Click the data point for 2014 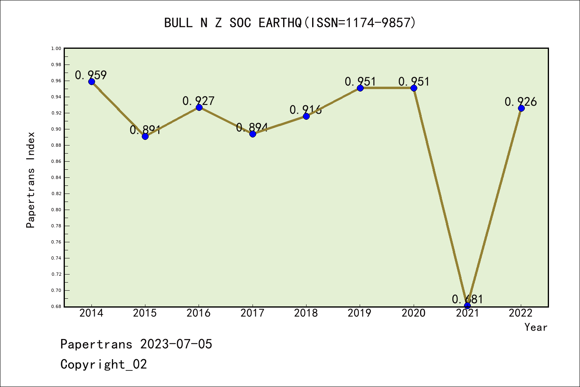(91, 81)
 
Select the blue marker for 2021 (467, 306)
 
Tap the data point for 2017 (253, 134)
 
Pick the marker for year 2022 (521, 108)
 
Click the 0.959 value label (91, 75)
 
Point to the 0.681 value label (467, 299)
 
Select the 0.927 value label (199, 101)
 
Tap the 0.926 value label (521, 102)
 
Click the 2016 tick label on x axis (199, 313)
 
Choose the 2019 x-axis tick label (360, 313)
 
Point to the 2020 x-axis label (413, 313)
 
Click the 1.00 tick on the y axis (56, 48)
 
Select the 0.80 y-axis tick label (56, 210)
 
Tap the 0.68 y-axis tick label (56, 306)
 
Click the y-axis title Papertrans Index (31, 180)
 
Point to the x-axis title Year (536, 327)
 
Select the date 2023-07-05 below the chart (176, 344)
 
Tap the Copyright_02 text (104, 364)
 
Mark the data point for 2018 (306, 116)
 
